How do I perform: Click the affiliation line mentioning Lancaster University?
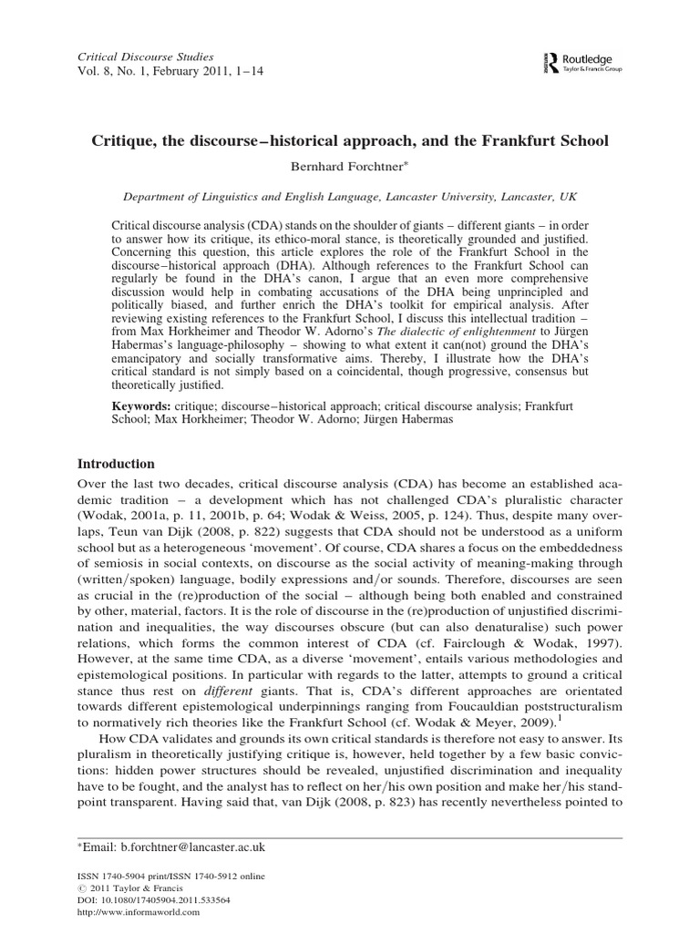350,195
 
